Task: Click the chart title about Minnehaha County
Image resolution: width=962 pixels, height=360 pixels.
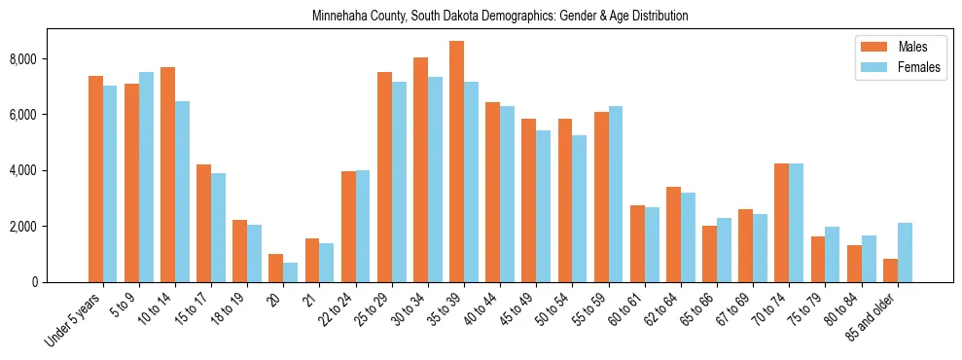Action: [500, 16]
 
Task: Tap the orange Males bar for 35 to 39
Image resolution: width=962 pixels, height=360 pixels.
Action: [456, 162]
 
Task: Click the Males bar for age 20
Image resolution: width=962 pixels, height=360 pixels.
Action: [275, 268]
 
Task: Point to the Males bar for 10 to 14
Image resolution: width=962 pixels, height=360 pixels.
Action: [167, 174]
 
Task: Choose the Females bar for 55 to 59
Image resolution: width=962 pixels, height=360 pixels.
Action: [616, 194]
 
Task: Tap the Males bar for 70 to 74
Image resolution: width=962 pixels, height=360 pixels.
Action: [781, 223]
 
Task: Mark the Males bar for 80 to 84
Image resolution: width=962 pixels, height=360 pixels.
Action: [854, 264]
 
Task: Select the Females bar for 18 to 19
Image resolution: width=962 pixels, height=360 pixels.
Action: [254, 253]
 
